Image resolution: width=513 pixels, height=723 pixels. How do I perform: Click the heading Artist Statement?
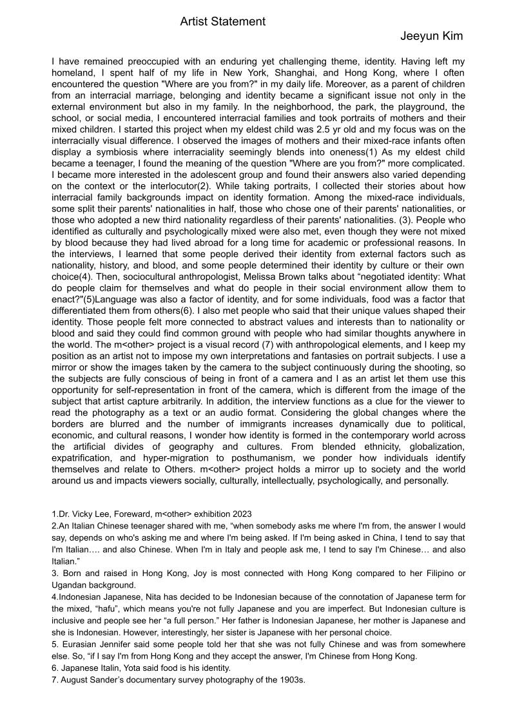(x=222, y=22)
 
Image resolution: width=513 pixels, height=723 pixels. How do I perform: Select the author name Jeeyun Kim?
(x=431, y=36)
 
